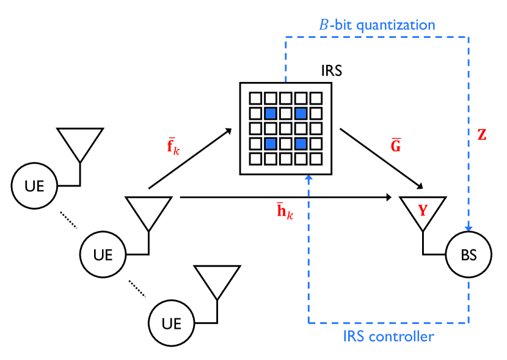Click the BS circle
click(469, 255)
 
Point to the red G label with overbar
click(395, 147)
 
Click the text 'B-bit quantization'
click(378, 25)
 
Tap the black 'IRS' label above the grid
click(332, 70)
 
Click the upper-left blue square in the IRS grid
click(271, 113)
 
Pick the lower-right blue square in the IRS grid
click(301, 144)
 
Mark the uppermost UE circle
click(35, 185)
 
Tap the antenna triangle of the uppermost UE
click(79, 142)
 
